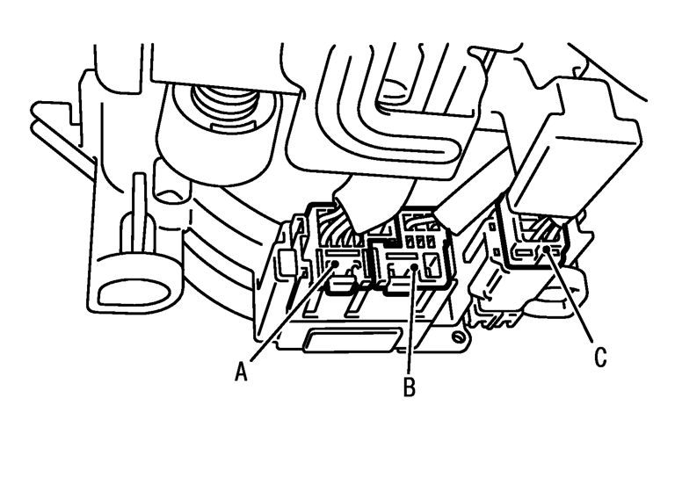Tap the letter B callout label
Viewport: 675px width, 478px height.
click(409, 387)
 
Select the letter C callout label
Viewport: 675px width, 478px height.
click(600, 357)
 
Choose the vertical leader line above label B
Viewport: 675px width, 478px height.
click(410, 321)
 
